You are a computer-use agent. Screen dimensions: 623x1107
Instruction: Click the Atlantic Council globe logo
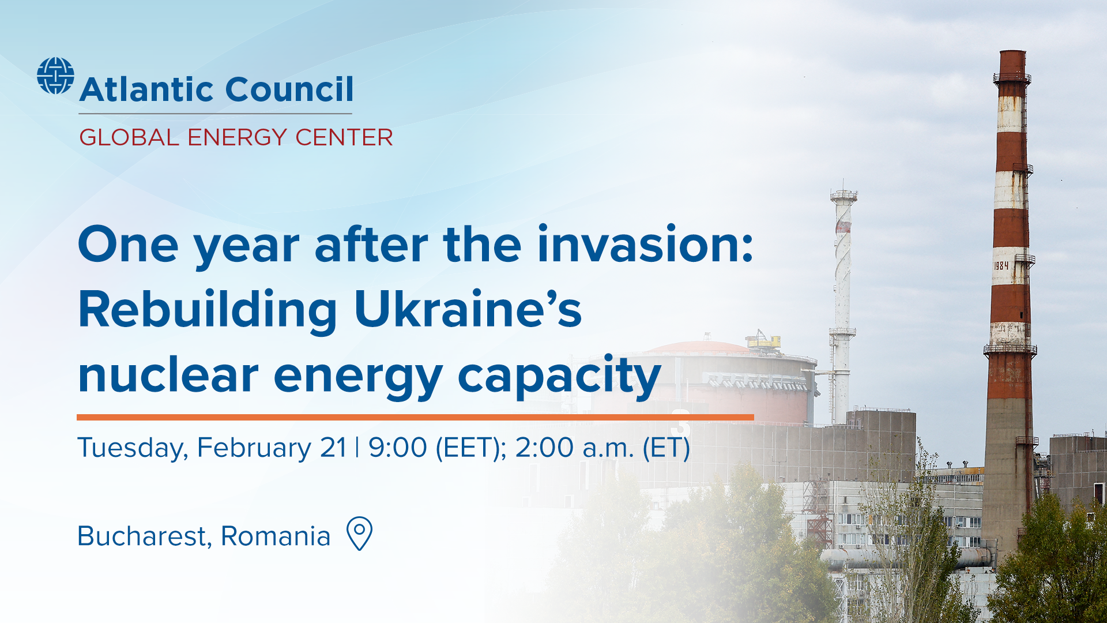click(x=55, y=76)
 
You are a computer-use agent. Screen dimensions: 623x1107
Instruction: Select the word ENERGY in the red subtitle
click(x=236, y=138)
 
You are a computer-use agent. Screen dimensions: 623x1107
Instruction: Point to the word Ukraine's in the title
click(x=468, y=310)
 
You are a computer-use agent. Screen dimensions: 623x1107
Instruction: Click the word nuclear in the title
click(x=168, y=376)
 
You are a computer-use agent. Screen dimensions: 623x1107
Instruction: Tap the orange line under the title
click(x=415, y=416)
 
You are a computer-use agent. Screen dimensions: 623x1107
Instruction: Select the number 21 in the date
click(x=333, y=448)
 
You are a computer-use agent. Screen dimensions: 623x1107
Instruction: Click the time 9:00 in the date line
click(x=398, y=448)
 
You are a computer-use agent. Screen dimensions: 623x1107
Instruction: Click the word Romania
click(x=276, y=536)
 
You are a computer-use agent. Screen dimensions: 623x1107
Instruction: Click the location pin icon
click(x=359, y=533)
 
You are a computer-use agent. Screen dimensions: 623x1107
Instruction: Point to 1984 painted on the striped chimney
click(x=1001, y=265)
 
